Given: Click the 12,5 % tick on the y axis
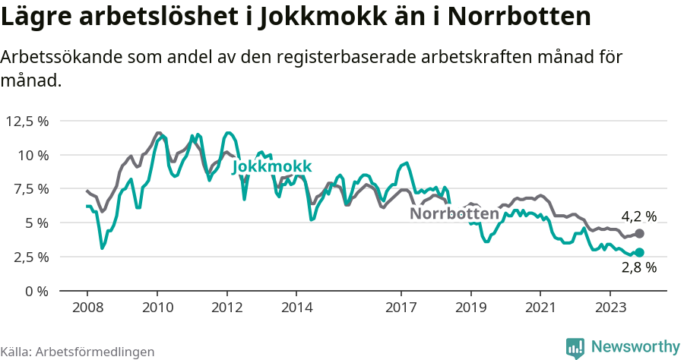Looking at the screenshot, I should tap(27, 121).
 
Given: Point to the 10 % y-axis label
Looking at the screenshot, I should tap(33, 155).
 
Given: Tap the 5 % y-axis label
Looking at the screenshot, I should tap(36, 223).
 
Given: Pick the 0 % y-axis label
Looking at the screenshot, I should tap(36, 291).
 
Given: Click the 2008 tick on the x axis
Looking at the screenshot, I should tap(87, 308).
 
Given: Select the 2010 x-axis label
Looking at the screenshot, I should tap(157, 308).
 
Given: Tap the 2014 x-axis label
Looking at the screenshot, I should tap(296, 308).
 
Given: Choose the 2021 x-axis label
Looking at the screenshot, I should tap(540, 308).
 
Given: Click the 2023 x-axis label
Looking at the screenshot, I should tap(610, 308).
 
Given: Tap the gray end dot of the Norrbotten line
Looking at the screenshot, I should tap(639, 234).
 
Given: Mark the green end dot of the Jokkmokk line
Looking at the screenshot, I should tap(639, 252).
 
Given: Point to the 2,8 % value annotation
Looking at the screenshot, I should tap(638, 267).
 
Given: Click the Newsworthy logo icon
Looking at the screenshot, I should tap(575, 347).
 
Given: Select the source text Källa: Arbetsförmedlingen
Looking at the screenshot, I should tap(78, 352).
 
